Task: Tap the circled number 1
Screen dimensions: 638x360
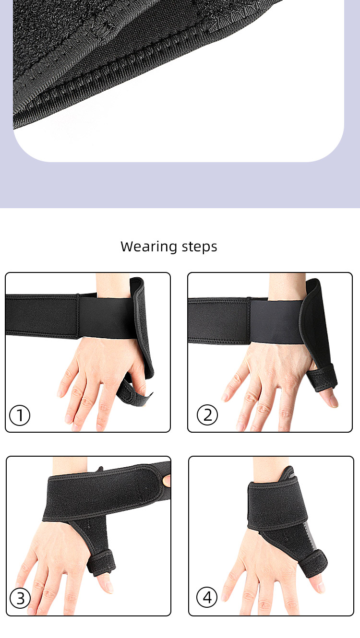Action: (20, 415)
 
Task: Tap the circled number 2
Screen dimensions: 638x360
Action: (207, 415)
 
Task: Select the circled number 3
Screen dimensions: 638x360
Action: (20, 598)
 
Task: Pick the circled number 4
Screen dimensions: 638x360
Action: (207, 598)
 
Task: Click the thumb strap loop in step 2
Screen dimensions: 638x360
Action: (324, 378)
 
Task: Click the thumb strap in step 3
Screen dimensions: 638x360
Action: (102, 561)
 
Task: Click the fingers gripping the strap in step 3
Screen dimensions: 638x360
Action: (166, 480)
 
